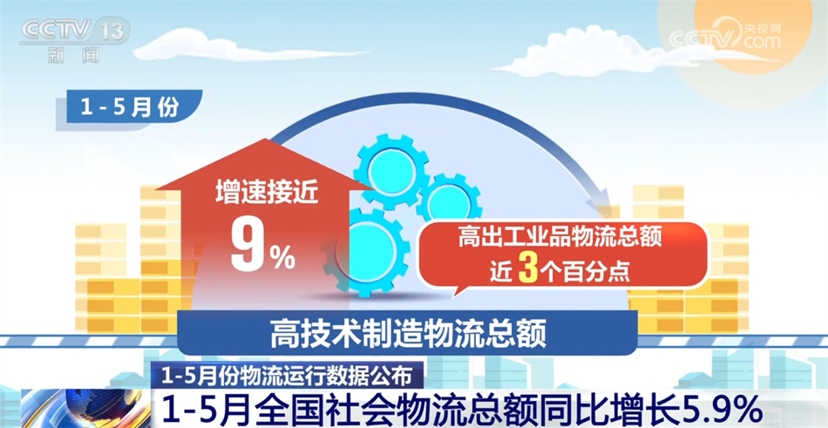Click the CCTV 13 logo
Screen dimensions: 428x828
(x=74, y=31)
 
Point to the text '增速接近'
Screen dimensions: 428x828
(x=255, y=194)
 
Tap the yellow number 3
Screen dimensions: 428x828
(x=525, y=270)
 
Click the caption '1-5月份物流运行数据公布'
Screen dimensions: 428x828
(x=287, y=377)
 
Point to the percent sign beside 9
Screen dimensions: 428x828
(x=282, y=255)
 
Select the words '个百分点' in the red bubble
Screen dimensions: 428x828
(x=583, y=271)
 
